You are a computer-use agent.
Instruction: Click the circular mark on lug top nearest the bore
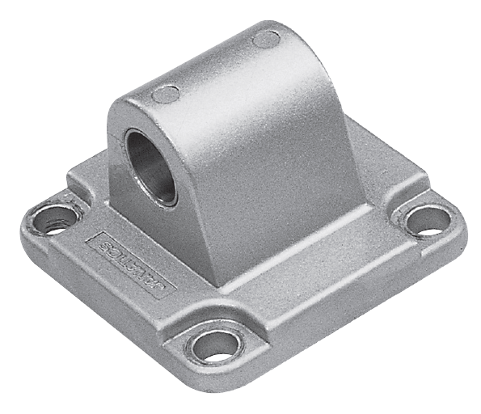pos(166,94)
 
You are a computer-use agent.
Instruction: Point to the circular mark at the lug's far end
pos(266,38)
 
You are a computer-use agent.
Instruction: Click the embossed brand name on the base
pos(129,262)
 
